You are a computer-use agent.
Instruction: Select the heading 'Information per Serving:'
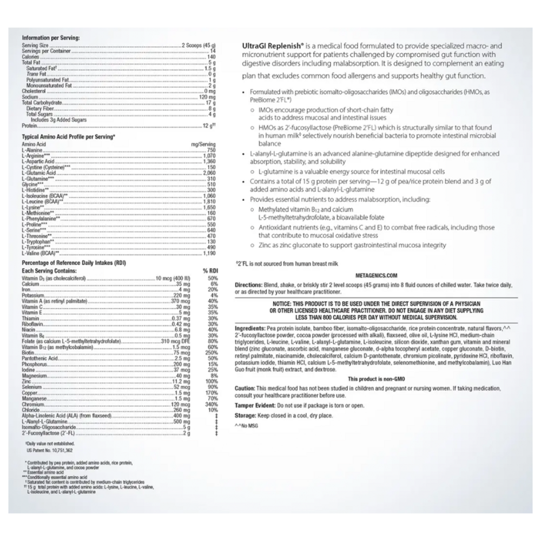coord(50,38)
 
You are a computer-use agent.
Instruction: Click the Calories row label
coord(30,56)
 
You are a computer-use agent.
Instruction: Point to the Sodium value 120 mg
coord(208,97)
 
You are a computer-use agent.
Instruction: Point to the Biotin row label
coord(28,353)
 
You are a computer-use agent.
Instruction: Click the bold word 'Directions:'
coord(248,285)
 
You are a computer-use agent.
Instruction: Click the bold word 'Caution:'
coord(245,388)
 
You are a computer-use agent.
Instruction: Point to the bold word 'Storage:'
coord(246,415)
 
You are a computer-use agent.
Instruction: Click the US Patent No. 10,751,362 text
coord(52,448)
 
